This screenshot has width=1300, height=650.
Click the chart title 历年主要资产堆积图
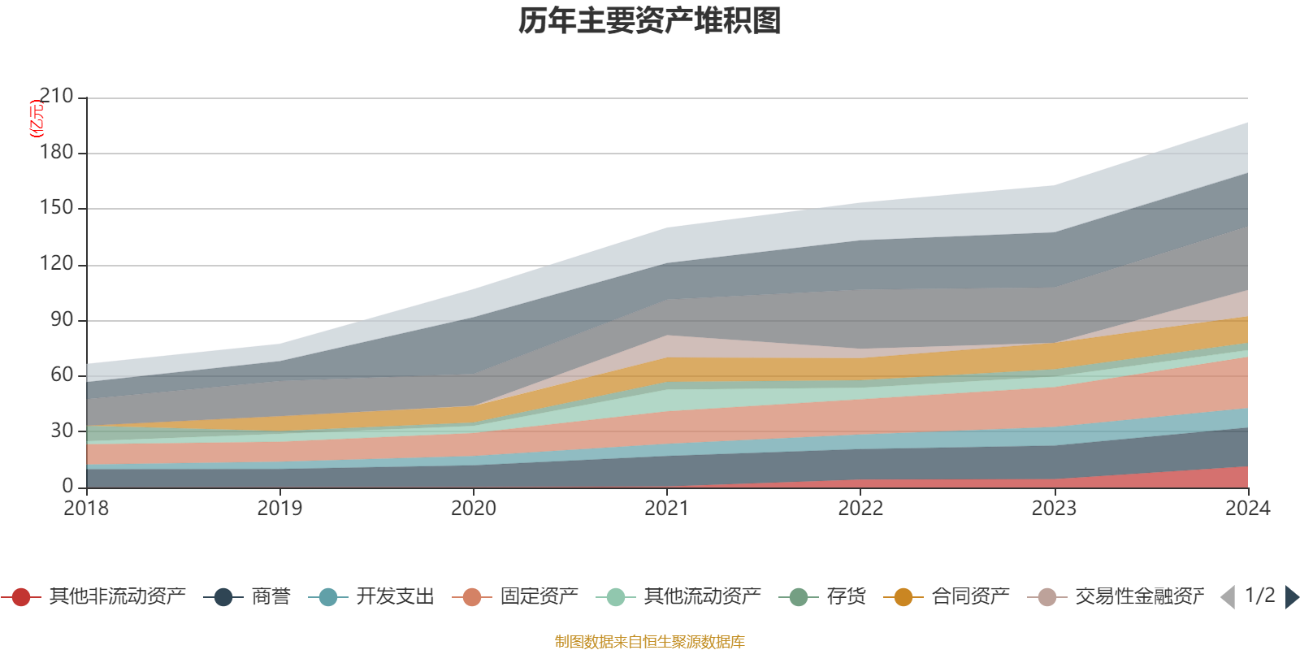650,21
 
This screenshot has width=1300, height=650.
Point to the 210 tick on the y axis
57,97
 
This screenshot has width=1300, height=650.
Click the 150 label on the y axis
57,208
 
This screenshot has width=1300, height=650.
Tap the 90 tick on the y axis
62,319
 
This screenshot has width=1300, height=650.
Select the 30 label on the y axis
62,431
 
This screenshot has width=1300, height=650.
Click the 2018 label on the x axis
86,509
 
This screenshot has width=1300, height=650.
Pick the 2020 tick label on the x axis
474,509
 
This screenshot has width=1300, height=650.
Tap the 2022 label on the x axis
860,509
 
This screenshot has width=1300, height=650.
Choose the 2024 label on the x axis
1247,509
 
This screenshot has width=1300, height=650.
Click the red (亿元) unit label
37,119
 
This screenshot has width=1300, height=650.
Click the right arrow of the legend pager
1291,597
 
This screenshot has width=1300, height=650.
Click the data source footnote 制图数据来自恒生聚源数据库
649,642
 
